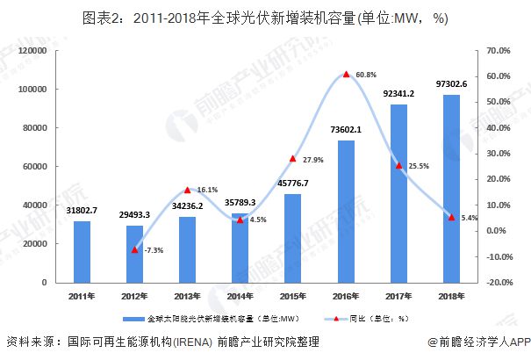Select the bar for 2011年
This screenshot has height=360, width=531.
coord(81,252)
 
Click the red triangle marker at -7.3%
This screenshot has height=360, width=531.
coord(134,249)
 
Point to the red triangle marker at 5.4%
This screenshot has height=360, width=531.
coord(451,217)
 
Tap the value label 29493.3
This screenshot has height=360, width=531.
coord(134,216)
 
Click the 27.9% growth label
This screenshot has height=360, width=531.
coord(313,160)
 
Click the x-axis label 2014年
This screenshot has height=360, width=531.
coord(240,296)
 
